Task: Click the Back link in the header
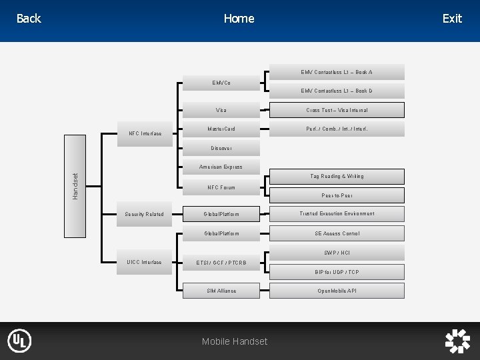tap(28, 19)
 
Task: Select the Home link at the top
tap(239, 19)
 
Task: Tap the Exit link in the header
tap(452, 19)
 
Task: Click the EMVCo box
tap(221, 83)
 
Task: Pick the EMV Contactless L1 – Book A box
tap(337, 72)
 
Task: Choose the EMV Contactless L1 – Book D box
tap(337, 91)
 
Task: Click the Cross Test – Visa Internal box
tap(337, 110)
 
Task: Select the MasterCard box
tap(221, 129)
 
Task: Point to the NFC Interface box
tap(145, 133)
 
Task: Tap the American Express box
tap(221, 167)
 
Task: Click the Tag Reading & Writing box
tap(337, 177)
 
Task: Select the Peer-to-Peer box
tap(337, 195)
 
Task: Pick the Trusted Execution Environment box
tap(337, 214)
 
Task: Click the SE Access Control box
tap(337, 233)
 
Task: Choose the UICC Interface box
tap(145, 262)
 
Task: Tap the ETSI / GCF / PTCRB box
tap(221, 263)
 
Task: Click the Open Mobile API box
tap(337, 291)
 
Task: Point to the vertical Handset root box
tap(75, 186)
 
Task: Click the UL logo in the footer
tap(19, 341)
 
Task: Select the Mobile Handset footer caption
tap(235, 341)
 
